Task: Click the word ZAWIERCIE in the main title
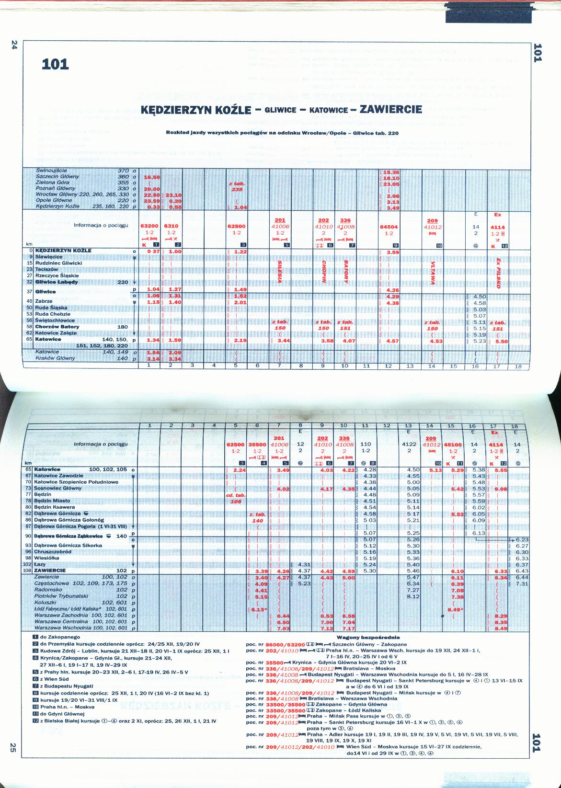(390, 109)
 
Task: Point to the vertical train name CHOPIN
(324, 272)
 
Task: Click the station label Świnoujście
(51, 171)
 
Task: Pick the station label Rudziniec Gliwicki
(58, 263)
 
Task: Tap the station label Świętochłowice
(55, 320)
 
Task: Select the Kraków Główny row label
(55, 358)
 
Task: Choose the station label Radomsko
(48, 590)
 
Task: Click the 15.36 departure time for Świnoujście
(391, 172)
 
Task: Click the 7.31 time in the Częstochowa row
(522, 583)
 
